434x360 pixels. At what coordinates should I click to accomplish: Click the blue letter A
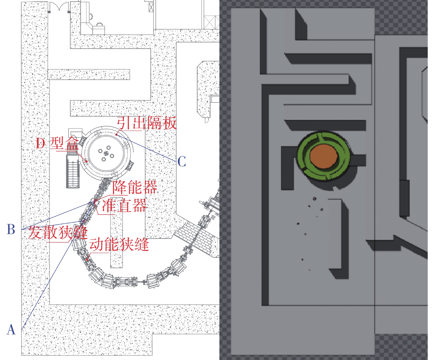[x=11, y=330]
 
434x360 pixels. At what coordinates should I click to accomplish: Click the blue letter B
[x=11, y=229]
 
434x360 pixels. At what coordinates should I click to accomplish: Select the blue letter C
[x=182, y=162]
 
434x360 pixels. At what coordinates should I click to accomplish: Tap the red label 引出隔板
[x=147, y=123]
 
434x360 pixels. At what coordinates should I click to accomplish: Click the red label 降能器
[x=134, y=187]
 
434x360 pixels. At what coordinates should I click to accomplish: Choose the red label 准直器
[x=124, y=206]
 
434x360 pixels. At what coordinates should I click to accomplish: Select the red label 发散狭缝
[x=58, y=233]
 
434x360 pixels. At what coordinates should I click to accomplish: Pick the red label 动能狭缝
[x=119, y=244]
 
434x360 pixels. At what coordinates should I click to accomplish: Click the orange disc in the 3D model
[x=324, y=156]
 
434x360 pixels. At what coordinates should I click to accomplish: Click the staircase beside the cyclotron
[x=72, y=171]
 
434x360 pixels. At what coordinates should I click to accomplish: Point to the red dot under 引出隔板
[x=117, y=135]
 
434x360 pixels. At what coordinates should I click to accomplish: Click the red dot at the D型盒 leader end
[x=86, y=161]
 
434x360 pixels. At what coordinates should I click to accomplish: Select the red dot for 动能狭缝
[x=87, y=259]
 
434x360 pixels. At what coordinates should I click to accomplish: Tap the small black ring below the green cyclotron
[x=314, y=199]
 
